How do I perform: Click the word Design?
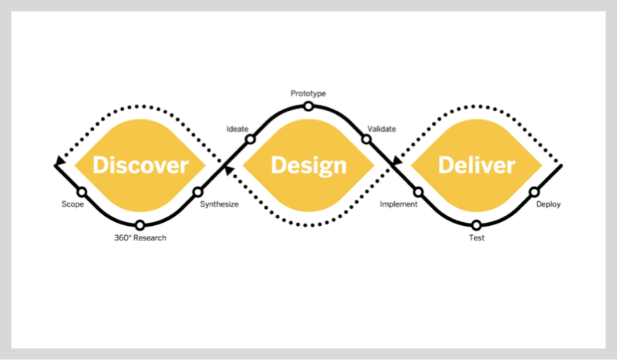pyautogui.click(x=308, y=165)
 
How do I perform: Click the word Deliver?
pyautogui.click(x=476, y=165)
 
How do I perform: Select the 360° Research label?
pyautogui.click(x=140, y=238)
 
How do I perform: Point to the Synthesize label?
pyautogui.click(x=219, y=205)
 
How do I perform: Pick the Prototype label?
pyautogui.click(x=308, y=93)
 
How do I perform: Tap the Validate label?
pyautogui.click(x=382, y=129)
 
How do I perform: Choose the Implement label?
pyautogui.click(x=399, y=205)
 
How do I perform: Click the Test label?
pyautogui.click(x=477, y=238)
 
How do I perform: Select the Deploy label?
pyautogui.click(x=548, y=205)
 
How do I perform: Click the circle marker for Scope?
pyautogui.click(x=82, y=191)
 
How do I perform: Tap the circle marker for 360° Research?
pyautogui.click(x=140, y=225)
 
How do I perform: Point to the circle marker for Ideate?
pyautogui.click(x=250, y=140)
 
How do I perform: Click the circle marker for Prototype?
pyautogui.click(x=308, y=106)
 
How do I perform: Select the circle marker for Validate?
pyautogui.click(x=366, y=140)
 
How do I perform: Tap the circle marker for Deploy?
pyautogui.click(x=534, y=191)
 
